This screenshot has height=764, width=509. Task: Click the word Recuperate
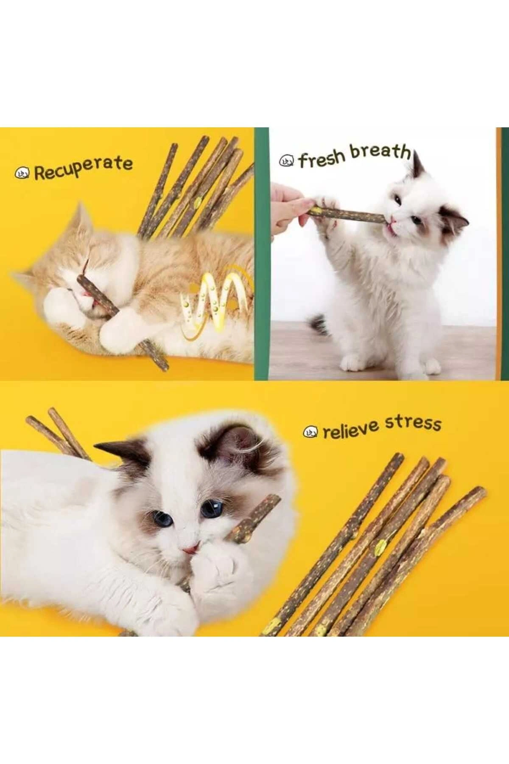[x=83, y=168]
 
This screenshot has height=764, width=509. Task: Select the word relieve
[x=350, y=430]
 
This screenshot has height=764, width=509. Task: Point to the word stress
[x=413, y=423]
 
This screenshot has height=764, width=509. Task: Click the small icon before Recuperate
[x=21, y=173]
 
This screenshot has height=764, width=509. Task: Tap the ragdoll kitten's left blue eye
[x=162, y=518]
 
